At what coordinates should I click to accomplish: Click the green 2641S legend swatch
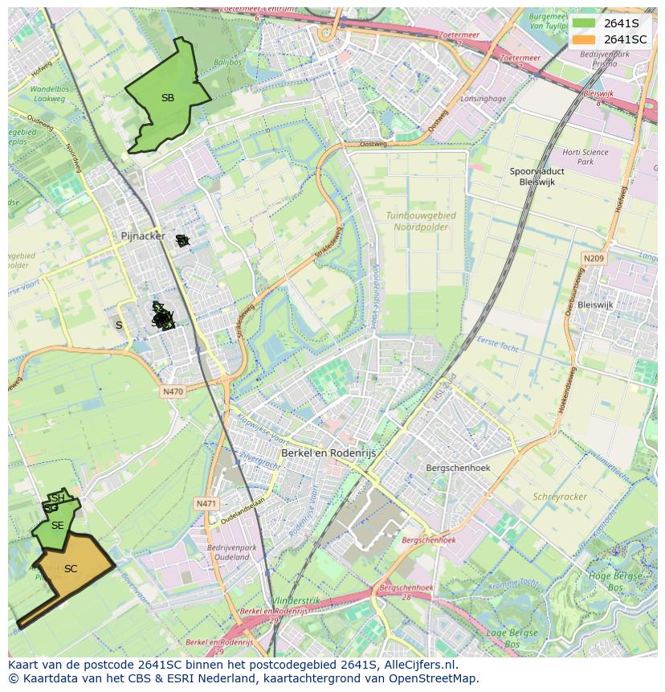tap(584, 23)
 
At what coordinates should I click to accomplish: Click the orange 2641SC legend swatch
tap(584, 39)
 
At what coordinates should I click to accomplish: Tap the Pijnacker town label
tap(142, 236)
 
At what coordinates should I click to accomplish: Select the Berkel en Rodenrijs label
tap(328, 453)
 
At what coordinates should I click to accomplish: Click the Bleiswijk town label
tap(595, 305)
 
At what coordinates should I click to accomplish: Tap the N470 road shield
tap(173, 391)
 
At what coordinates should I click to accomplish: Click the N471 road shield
tap(206, 504)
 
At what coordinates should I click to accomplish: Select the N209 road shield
tap(594, 258)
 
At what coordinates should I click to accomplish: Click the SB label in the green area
tap(167, 98)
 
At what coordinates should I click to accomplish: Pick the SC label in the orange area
tap(71, 569)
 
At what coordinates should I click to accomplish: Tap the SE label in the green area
tap(57, 526)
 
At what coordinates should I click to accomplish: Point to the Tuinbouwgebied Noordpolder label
tap(421, 221)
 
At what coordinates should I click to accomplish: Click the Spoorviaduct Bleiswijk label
tap(537, 177)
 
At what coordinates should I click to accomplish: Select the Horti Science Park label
tap(585, 157)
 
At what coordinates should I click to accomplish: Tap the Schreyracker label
tap(560, 497)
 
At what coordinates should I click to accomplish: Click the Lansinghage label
tap(483, 99)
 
